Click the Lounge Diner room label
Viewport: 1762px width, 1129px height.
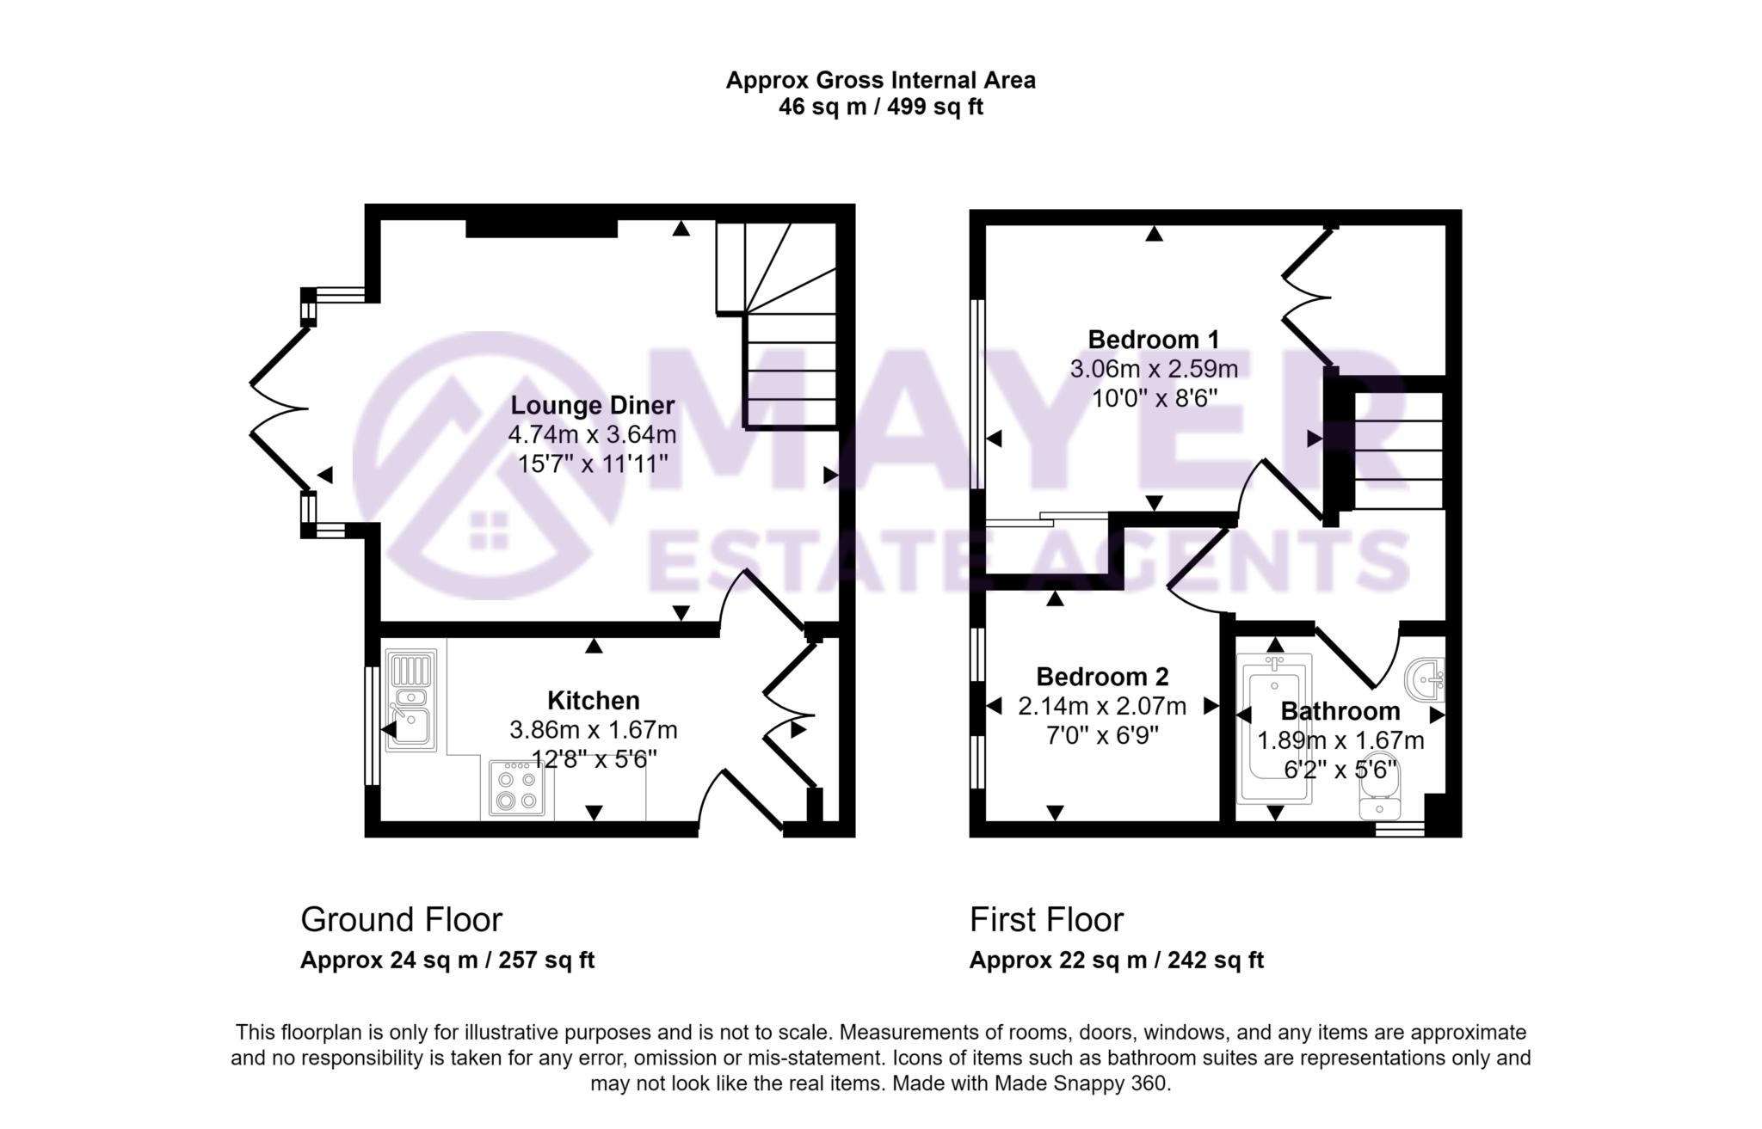coord(592,405)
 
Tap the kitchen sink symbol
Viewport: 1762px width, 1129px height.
coord(411,701)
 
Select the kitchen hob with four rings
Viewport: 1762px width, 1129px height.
coord(516,788)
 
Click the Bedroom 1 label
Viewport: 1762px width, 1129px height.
coord(1153,339)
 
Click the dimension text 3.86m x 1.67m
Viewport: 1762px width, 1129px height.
coord(593,730)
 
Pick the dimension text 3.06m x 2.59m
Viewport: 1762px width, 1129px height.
coord(1153,369)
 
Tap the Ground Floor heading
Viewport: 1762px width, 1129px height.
coord(401,920)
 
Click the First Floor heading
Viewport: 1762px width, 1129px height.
coord(1046,920)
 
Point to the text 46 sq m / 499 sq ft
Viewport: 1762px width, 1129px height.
coord(880,107)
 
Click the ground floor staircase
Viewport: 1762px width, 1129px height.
coord(788,344)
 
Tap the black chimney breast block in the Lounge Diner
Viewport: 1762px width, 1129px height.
coord(541,228)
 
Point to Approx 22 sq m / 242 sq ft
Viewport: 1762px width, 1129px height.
coord(1116,960)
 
